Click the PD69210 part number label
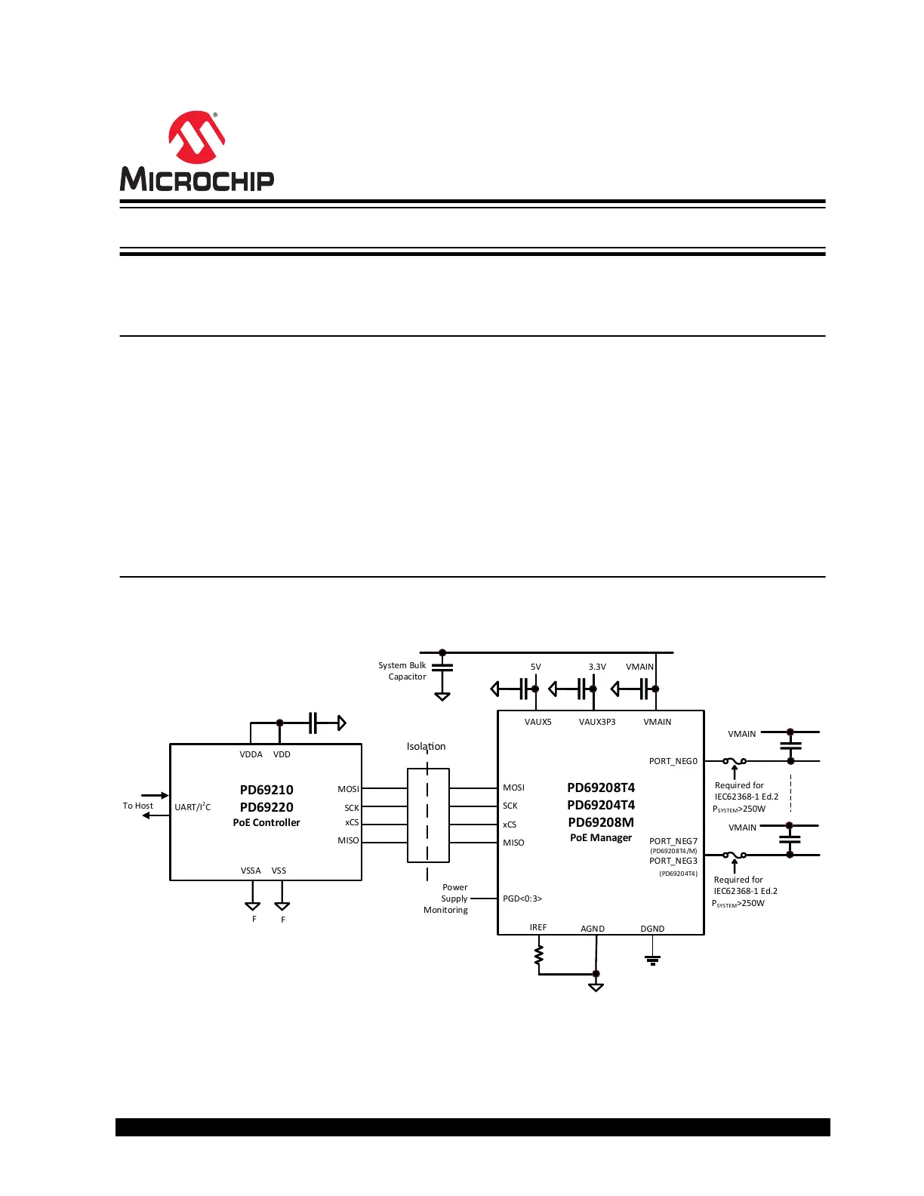click(x=266, y=790)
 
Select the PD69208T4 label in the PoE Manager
click(x=601, y=788)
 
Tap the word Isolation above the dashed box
click(x=426, y=746)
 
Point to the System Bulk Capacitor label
click(x=402, y=671)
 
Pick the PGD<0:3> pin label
click(x=522, y=899)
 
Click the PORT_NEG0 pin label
click(x=673, y=761)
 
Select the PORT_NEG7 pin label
click(x=673, y=841)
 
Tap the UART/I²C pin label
click(x=192, y=807)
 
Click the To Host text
click(x=137, y=806)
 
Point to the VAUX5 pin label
click(x=537, y=722)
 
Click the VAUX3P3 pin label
click(x=597, y=722)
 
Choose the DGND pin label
click(x=652, y=929)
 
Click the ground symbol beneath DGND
click(x=652, y=960)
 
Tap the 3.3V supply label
click(x=597, y=667)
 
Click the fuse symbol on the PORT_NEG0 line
click(x=735, y=761)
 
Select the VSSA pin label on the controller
click(x=251, y=871)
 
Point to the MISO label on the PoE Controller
click(x=348, y=840)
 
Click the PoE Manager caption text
click(x=601, y=837)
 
